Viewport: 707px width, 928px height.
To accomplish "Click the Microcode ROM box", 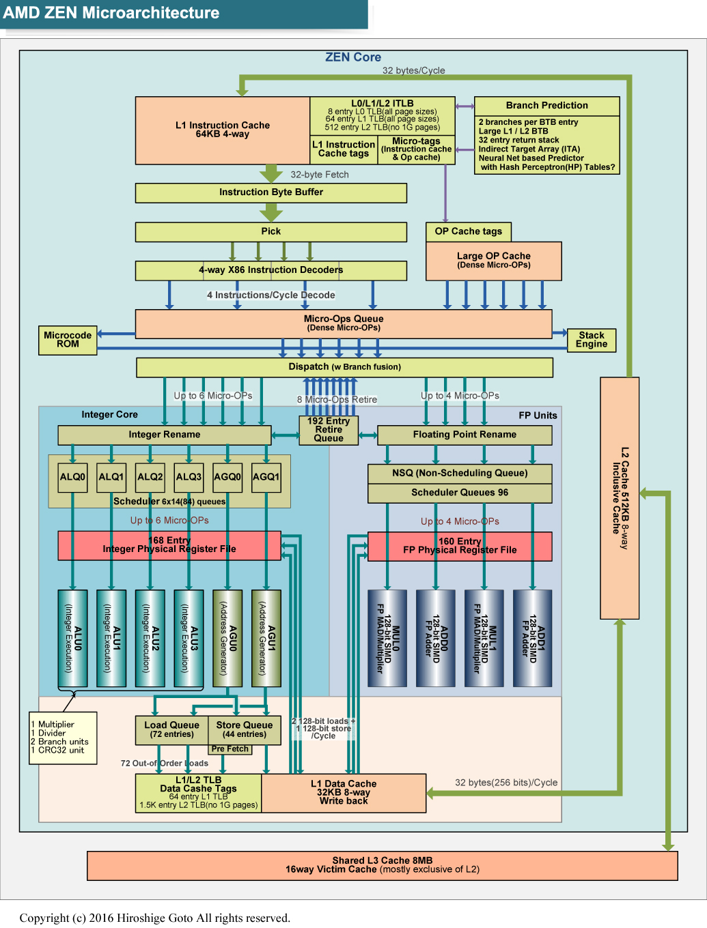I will (x=68, y=340).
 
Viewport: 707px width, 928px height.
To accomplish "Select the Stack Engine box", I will (x=591, y=340).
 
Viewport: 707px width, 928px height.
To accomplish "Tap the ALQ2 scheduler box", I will (x=150, y=477).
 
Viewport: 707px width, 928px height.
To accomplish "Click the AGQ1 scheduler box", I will (x=266, y=477).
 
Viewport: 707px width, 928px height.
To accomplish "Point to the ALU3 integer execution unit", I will (x=189, y=638).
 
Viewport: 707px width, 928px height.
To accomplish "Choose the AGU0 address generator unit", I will (x=228, y=638).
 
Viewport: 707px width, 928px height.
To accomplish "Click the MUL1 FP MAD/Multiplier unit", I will (x=484, y=638).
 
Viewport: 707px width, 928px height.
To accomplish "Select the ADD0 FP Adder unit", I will (x=436, y=638).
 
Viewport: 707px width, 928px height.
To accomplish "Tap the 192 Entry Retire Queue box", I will (x=329, y=430).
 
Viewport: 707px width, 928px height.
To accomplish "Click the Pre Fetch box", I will (x=230, y=749).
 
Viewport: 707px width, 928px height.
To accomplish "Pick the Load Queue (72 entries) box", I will (x=171, y=729).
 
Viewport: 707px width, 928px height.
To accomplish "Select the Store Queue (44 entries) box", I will (x=244, y=729).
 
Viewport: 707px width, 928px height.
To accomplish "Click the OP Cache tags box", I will (x=469, y=231).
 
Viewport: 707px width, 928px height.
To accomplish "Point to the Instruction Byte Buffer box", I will (x=271, y=192).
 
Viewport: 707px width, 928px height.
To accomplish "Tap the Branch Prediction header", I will (x=546, y=106).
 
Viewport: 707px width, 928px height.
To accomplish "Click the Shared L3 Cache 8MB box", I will (x=383, y=865).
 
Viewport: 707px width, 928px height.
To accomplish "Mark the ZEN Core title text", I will (x=353, y=57).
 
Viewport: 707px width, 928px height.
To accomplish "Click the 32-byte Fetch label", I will (x=320, y=175).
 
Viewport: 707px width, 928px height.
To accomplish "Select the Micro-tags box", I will (x=416, y=149).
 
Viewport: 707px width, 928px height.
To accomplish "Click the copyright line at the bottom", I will (x=155, y=918).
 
